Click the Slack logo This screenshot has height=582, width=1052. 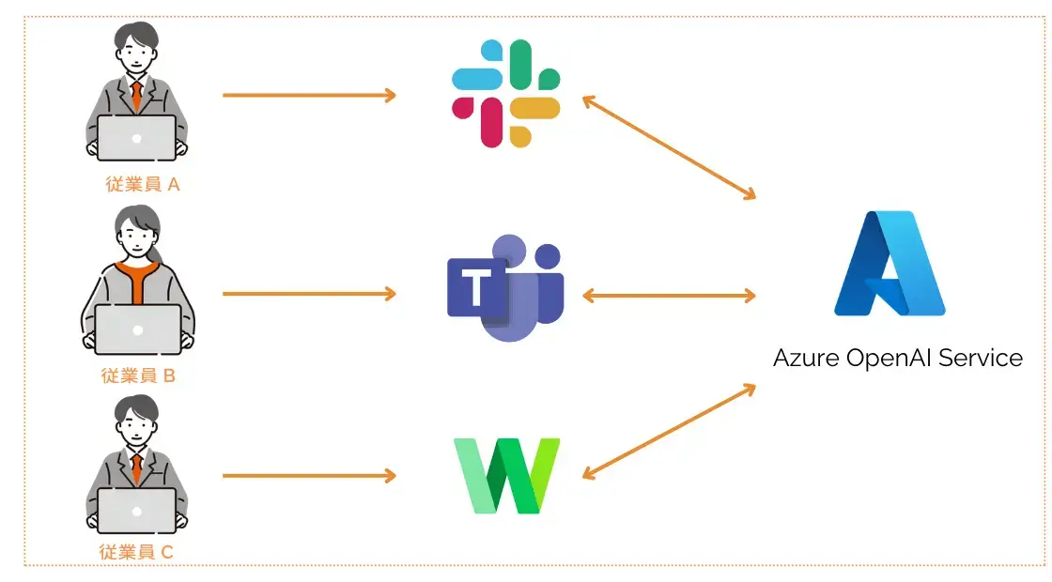[x=505, y=94]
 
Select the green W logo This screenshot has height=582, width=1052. [x=506, y=475]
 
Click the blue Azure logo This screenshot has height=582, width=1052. [x=890, y=264]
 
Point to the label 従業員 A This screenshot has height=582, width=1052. [x=142, y=185]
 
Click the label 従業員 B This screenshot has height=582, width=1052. [x=139, y=376]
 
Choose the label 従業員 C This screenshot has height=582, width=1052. [x=137, y=552]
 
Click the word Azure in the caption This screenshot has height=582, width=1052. [x=806, y=358]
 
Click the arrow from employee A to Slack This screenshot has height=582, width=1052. [x=309, y=95]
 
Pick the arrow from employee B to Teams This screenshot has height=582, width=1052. [x=309, y=294]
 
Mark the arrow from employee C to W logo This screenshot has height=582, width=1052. [x=309, y=476]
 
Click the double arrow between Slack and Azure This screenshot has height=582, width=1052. [x=669, y=147]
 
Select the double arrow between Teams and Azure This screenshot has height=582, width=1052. [x=669, y=296]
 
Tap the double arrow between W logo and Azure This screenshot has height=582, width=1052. [x=669, y=431]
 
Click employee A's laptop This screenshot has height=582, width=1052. [x=137, y=138]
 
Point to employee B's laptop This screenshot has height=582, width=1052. [x=138, y=329]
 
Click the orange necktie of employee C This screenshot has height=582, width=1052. [x=137, y=466]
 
